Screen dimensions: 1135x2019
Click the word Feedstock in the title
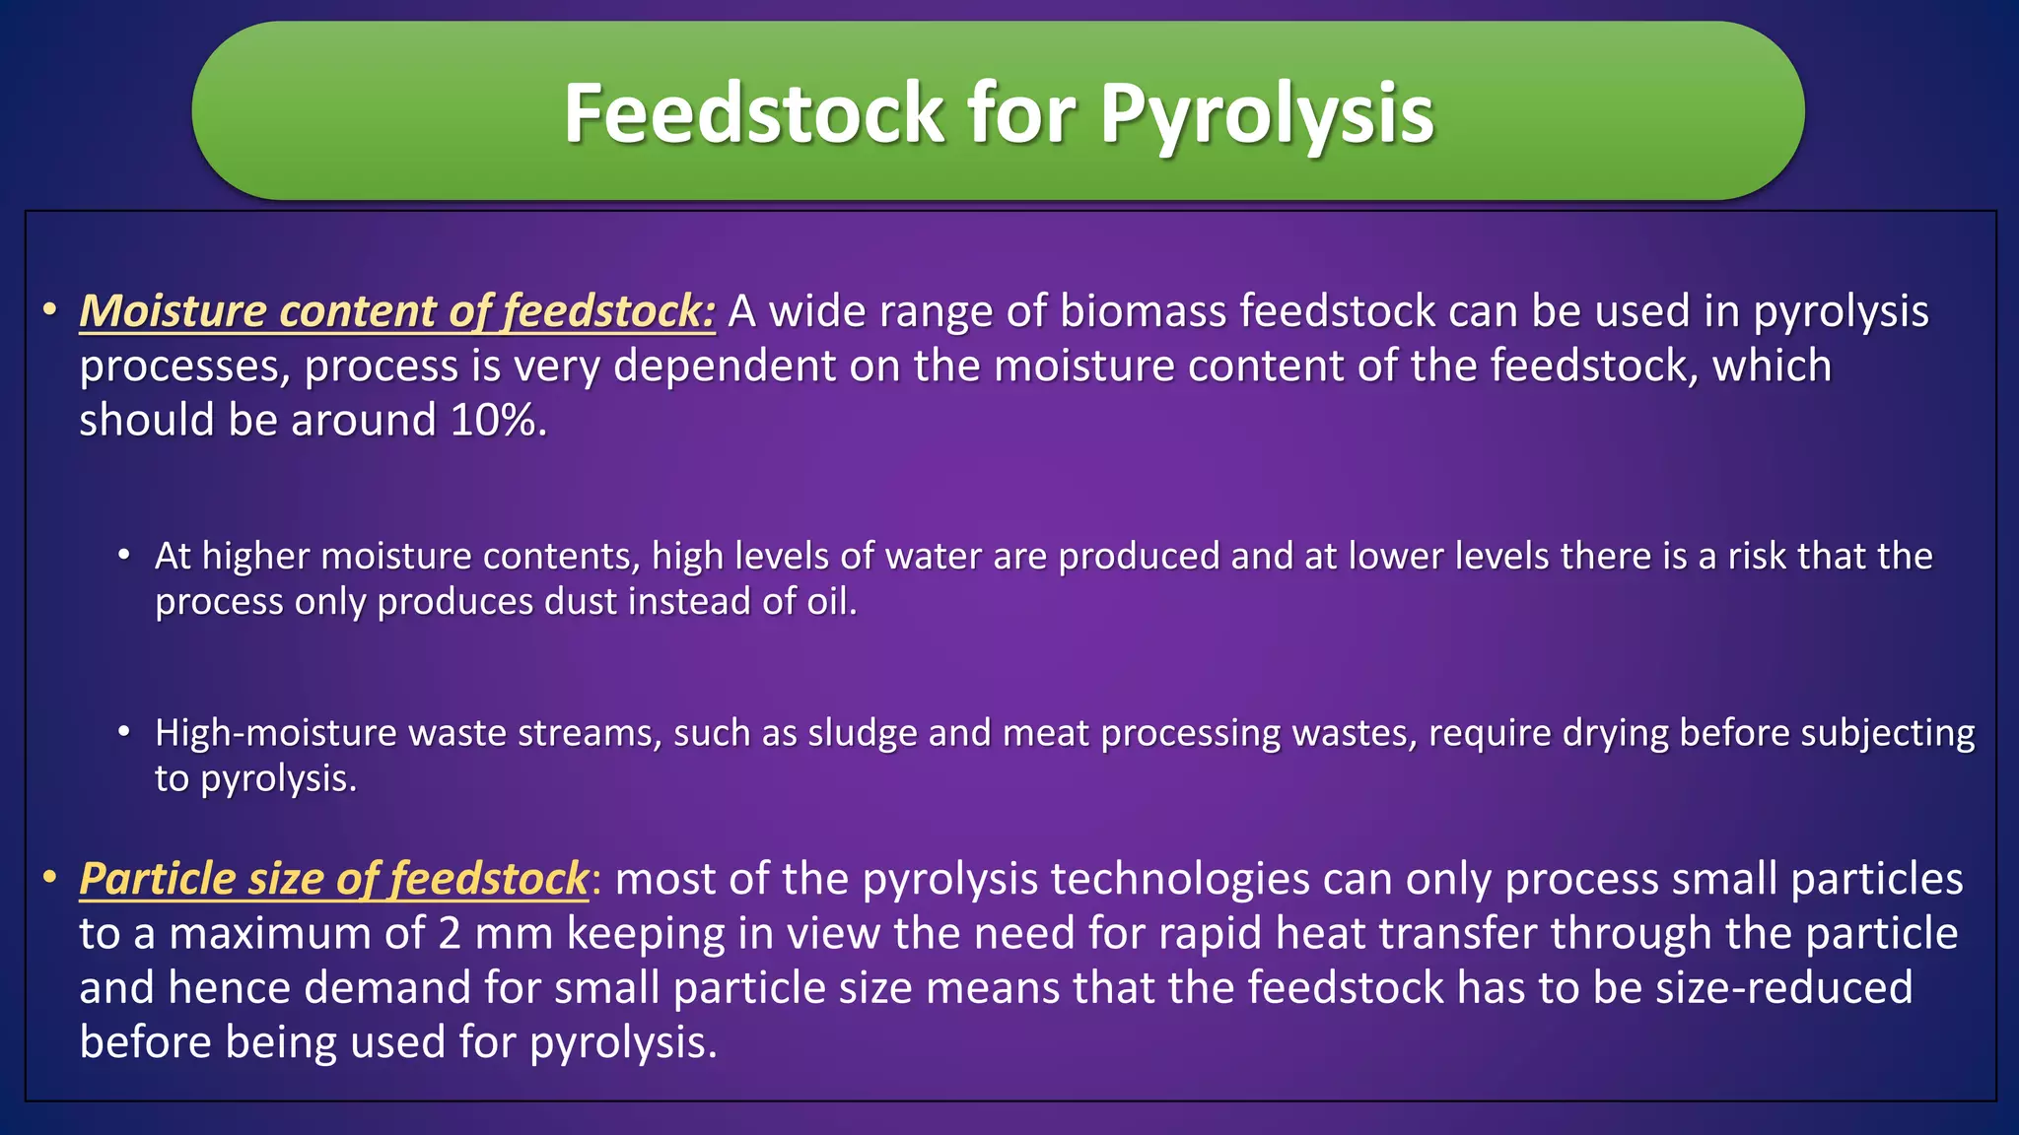(753, 113)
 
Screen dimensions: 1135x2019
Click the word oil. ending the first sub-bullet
(832, 602)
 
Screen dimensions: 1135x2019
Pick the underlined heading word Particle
(158, 879)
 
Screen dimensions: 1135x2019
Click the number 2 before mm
(450, 934)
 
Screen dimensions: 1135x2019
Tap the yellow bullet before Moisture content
(49, 310)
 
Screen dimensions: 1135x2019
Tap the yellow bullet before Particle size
(49, 877)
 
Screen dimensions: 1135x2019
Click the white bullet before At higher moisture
(124, 556)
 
